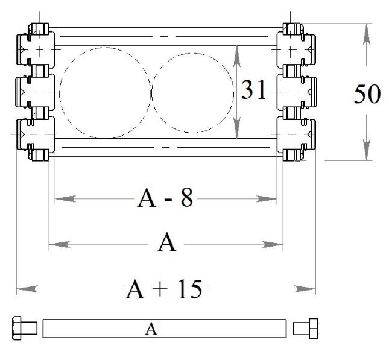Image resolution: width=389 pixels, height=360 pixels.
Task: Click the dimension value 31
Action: pos(253,90)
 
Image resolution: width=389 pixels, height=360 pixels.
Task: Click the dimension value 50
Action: pos(367,94)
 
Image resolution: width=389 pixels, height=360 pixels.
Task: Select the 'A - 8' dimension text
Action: pos(165,198)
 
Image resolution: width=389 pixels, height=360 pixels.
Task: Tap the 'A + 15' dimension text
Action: pos(163,289)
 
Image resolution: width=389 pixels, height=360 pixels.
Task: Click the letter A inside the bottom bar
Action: pos(151,329)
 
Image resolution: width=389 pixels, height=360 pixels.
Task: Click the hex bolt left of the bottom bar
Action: pos(25,328)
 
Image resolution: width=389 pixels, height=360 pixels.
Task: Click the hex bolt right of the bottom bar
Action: pos(305,329)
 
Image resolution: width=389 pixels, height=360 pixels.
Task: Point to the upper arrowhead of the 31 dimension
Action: pos(237,56)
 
